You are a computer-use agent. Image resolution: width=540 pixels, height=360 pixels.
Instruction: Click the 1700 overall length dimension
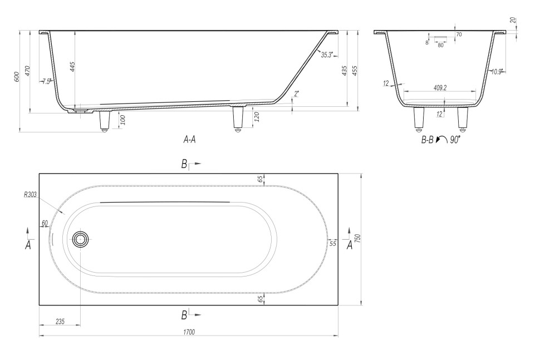click(x=189, y=332)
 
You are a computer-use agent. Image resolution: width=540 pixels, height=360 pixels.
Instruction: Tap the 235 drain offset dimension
click(x=60, y=322)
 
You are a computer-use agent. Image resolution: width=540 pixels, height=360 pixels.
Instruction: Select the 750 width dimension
click(x=357, y=239)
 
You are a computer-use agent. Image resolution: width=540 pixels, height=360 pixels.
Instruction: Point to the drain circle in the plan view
click(x=81, y=239)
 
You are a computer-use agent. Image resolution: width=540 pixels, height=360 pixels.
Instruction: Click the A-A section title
click(x=190, y=140)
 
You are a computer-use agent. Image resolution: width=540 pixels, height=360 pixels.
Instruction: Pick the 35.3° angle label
click(x=327, y=55)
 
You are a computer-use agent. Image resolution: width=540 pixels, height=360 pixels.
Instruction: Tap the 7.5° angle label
click(x=47, y=82)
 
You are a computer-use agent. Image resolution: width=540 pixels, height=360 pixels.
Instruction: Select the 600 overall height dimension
click(x=17, y=77)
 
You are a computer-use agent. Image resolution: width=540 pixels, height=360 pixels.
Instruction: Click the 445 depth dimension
click(x=72, y=67)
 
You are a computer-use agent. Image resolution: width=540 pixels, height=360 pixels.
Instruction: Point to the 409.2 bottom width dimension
click(x=440, y=88)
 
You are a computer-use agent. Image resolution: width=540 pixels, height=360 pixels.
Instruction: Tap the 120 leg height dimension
click(x=256, y=117)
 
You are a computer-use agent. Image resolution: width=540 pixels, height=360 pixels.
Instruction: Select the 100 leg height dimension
click(x=123, y=120)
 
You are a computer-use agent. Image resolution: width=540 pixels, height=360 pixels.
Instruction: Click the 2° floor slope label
click(x=297, y=93)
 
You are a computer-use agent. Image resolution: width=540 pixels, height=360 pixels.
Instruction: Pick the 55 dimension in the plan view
click(x=333, y=244)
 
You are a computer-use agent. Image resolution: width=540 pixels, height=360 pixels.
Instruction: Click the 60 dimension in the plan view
click(x=45, y=223)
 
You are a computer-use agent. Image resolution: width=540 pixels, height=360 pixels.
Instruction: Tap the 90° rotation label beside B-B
click(x=455, y=140)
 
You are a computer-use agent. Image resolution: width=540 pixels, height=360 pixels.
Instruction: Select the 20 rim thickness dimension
click(x=514, y=20)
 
